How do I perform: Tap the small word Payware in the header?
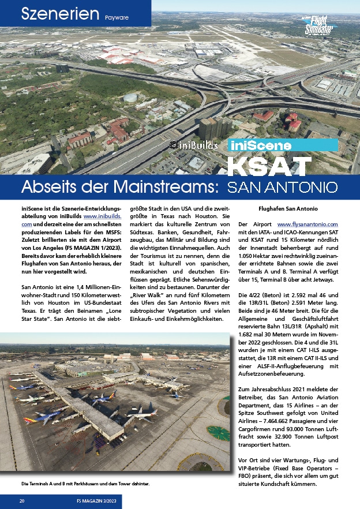coord(117,17)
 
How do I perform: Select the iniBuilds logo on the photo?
coord(194,145)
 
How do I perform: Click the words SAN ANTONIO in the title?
coord(282,188)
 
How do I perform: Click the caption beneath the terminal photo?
coord(85,484)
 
